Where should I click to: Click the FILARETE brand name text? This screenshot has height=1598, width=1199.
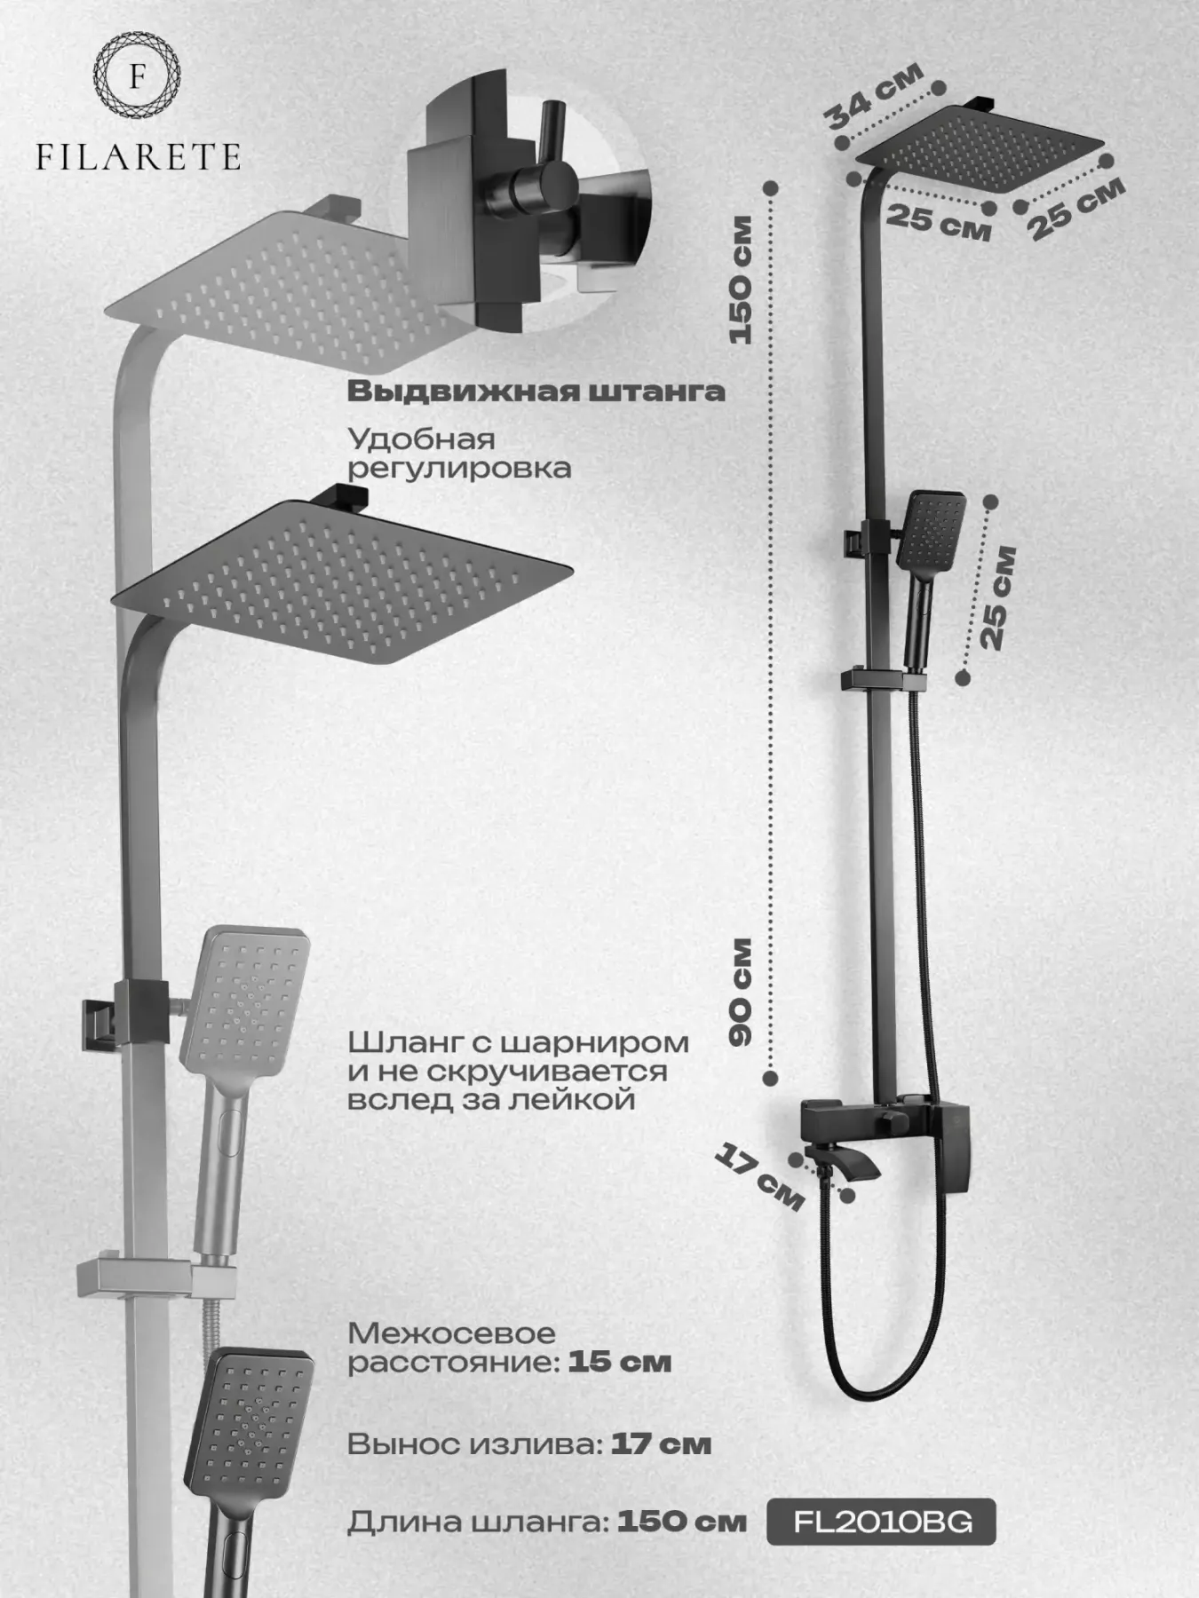[138, 158]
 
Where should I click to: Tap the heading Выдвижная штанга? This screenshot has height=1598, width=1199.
[536, 392]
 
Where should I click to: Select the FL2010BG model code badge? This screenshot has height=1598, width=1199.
[881, 1522]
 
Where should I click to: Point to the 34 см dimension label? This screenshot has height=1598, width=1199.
[872, 96]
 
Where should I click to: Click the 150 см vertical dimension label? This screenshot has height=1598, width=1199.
[740, 281]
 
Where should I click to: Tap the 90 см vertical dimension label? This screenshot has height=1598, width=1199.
[740, 992]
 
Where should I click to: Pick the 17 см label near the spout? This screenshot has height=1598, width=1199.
[759, 1176]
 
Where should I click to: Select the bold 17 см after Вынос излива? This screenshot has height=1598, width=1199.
[661, 1444]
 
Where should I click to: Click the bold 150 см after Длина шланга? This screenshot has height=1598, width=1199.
[681, 1522]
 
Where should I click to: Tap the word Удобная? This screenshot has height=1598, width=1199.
[421, 439]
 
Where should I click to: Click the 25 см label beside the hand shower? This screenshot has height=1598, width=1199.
[996, 597]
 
